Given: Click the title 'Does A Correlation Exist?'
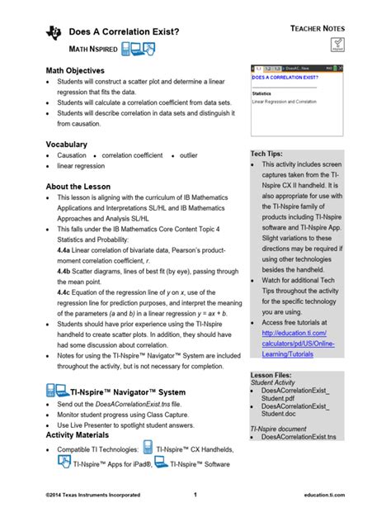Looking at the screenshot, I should tap(123, 32).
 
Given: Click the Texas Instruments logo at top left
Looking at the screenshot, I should tap(54, 32).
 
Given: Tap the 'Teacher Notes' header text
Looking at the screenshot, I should tap(317, 28).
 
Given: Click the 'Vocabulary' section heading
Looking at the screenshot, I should tap(66, 145).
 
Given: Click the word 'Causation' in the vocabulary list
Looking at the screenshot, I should tap(72, 155).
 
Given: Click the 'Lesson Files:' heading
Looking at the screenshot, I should tap(272, 374).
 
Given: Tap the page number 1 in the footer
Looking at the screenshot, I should tap(195, 495).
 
